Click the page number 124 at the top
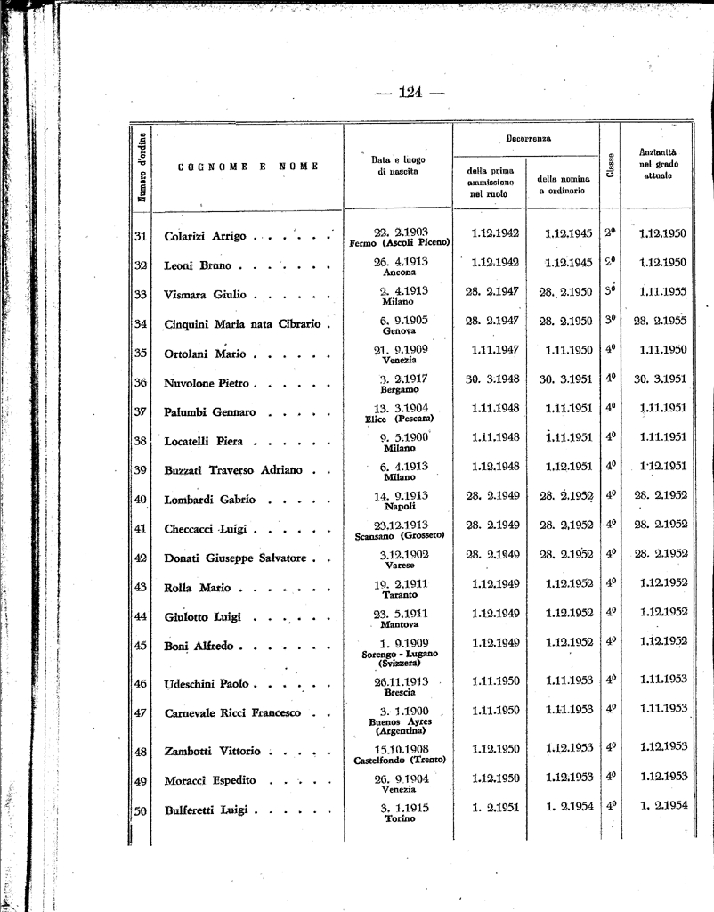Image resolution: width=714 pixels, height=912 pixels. click(410, 92)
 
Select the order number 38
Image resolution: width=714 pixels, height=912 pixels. click(140, 441)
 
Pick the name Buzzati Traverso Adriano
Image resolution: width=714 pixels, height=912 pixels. click(233, 470)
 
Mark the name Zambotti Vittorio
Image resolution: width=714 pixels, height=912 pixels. click(212, 751)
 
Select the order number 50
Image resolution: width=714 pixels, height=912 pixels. click(140, 810)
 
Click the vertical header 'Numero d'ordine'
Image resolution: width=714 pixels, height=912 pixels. click(141, 167)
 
